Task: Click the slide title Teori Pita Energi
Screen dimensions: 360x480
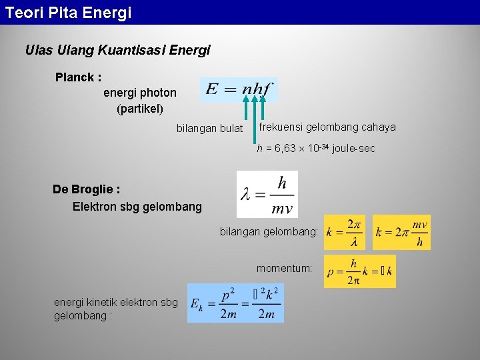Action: (x=69, y=12)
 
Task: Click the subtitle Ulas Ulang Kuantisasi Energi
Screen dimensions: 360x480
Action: (x=117, y=50)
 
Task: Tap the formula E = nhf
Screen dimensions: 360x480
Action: (x=239, y=89)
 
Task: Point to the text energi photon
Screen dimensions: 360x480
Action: (x=140, y=93)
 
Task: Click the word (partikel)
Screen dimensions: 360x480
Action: (x=140, y=108)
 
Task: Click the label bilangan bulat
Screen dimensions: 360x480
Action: (x=209, y=128)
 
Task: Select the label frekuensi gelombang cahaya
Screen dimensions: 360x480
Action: (x=327, y=127)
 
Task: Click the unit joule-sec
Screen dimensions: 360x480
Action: (x=353, y=149)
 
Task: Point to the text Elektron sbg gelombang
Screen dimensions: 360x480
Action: (x=137, y=207)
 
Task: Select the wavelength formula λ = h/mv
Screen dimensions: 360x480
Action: (x=267, y=194)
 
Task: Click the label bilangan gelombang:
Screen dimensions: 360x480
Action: (x=269, y=232)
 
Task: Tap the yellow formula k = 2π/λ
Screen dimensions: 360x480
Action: (x=344, y=232)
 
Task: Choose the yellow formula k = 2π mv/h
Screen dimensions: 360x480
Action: (x=401, y=232)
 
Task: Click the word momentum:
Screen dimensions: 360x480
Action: (x=285, y=269)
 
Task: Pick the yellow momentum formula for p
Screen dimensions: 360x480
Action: (x=359, y=271)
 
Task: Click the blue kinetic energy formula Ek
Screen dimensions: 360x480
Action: (x=235, y=303)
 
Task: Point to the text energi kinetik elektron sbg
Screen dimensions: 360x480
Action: (x=115, y=303)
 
